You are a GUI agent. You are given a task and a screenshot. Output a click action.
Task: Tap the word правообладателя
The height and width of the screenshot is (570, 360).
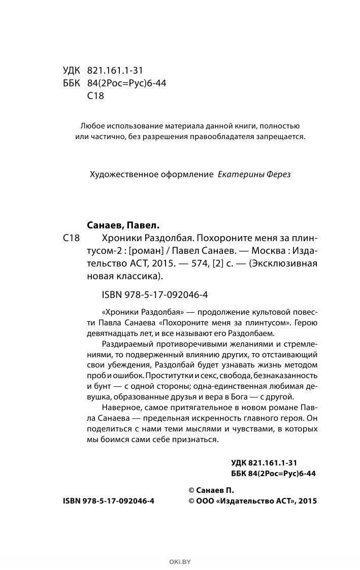(x=227, y=137)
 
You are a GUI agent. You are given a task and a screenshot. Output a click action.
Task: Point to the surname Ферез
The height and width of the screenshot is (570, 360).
(x=278, y=174)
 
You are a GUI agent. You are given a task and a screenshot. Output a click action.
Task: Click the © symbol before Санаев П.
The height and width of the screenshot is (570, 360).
(x=191, y=490)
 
